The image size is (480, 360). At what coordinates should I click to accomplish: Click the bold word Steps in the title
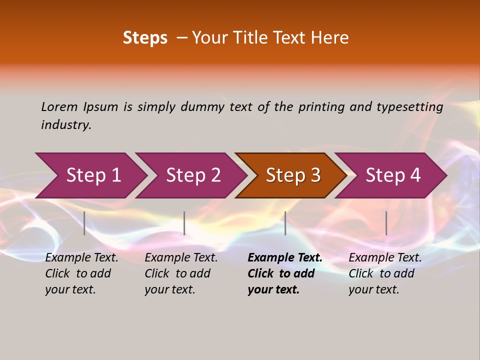click(x=145, y=37)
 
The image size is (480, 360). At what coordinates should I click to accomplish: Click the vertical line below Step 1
click(x=84, y=223)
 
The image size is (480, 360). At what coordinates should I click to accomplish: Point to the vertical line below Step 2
click(x=184, y=223)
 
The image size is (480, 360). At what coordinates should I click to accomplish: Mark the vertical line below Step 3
click(x=285, y=223)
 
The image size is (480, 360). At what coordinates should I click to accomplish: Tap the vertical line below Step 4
click(x=386, y=223)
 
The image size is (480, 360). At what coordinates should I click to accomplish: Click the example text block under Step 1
click(x=81, y=273)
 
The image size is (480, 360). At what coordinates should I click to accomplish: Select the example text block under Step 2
click(x=181, y=273)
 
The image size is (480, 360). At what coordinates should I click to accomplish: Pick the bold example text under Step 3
click(x=285, y=273)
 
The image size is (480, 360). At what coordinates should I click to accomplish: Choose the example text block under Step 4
click(x=385, y=273)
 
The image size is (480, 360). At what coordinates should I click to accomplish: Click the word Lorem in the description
click(x=59, y=106)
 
